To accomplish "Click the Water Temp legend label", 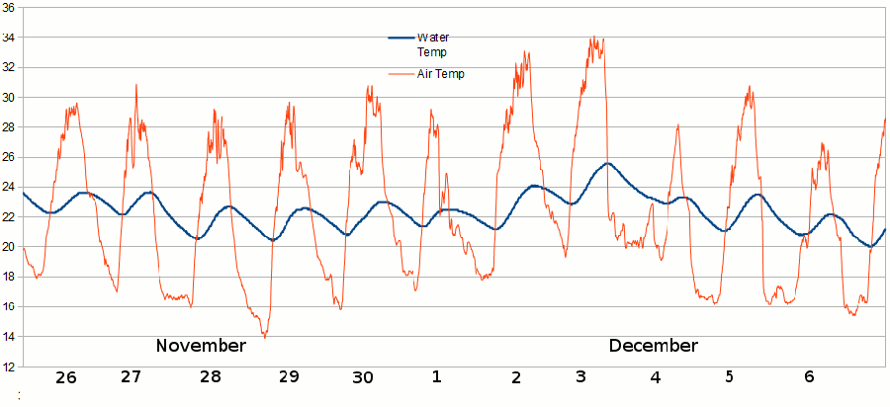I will pyautogui.click(x=432, y=44).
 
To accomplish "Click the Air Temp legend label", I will pyautogui.click(x=440, y=73).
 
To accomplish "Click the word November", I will pyautogui.click(x=201, y=346).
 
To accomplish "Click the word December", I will pyautogui.click(x=653, y=346).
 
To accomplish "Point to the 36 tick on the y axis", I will pyautogui.click(x=8, y=8).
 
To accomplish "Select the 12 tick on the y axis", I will pyautogui.click(x=8, y=366).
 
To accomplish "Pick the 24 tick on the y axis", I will pyautogui.click(x=8, y=187).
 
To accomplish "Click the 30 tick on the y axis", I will pyautogui.click(x=8, y=98).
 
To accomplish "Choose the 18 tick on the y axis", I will pyautogui.click(x=8, y=277).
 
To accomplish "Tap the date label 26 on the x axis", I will pyautogui.click(x=65, y=377).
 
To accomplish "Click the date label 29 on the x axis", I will pyautogui.click(x=288, y=377).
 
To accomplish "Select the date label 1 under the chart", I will pyautogui.click(x=437, y=377).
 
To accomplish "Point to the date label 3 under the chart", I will pyautogui.click(x=580, y=377).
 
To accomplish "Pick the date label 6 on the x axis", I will pyautogui.click(x=809, y=377).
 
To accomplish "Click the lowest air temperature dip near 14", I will pyautogui.click(x=264, y=337).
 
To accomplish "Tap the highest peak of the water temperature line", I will pyautogui.click(x=607, y=164).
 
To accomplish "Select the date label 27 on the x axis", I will pyautogui.click(x=131, y=376).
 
